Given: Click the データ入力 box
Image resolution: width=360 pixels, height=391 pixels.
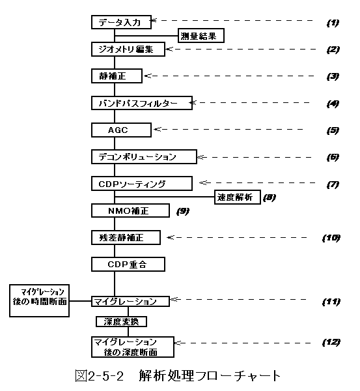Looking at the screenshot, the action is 121,22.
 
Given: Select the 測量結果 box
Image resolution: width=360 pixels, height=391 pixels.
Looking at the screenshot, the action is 201,36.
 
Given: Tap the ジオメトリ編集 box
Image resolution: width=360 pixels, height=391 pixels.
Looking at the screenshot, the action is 128,49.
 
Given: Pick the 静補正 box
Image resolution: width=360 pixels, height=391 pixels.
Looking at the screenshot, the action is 117,76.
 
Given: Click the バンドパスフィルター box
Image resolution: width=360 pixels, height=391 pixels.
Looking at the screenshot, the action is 142,103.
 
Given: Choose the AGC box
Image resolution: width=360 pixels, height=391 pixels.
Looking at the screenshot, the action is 121,130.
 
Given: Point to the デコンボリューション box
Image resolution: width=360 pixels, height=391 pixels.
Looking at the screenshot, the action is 144,156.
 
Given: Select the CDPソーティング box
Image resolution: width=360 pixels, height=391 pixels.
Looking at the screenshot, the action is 142,184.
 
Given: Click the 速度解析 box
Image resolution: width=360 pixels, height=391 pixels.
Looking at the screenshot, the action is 238,197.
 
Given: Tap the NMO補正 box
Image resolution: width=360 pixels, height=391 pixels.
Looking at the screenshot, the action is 130,210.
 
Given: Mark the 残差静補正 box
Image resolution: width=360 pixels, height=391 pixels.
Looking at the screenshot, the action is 126,237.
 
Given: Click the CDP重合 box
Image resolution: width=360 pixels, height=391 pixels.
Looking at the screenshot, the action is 128,265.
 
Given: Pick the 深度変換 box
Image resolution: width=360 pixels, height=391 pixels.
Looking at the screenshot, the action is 121,322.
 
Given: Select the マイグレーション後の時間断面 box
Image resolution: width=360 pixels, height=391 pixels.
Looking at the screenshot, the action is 39,300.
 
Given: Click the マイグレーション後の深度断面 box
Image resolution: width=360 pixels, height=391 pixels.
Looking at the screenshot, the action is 133,347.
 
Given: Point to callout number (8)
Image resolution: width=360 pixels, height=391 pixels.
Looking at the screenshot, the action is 270,197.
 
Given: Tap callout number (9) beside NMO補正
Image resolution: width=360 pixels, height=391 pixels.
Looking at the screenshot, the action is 183,211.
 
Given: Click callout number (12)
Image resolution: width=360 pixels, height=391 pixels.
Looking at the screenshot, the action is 331,342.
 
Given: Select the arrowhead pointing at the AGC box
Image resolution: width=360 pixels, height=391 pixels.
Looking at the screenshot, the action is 157,129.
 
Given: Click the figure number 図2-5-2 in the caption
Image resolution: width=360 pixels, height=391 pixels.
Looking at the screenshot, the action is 100,376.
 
